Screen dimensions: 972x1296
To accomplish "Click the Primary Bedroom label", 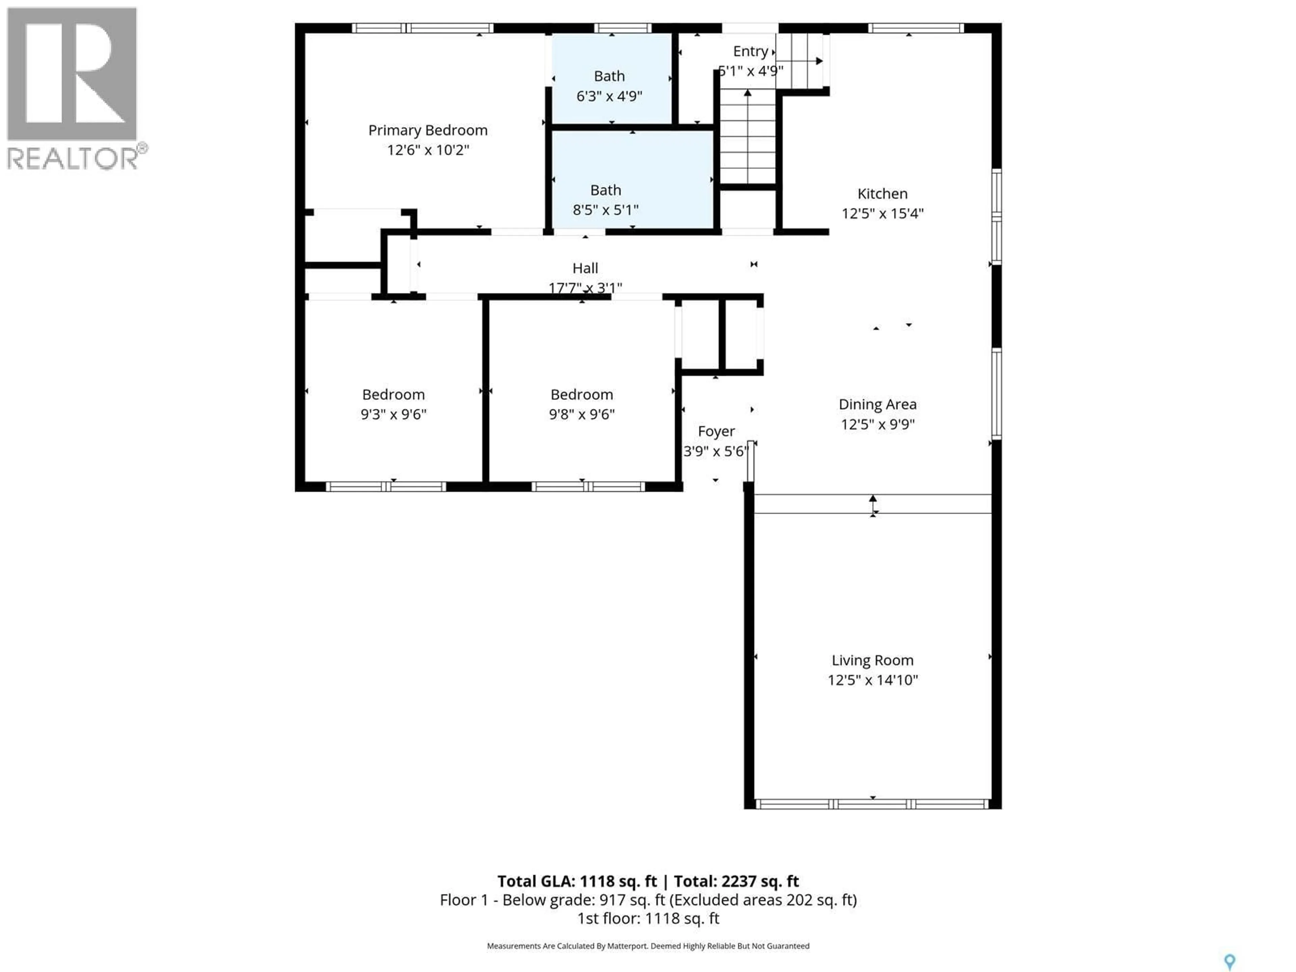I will pos(428,130).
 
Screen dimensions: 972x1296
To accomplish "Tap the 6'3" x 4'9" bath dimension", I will pos(609,96).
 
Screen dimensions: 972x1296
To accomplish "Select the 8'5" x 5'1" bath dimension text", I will pos(605,210).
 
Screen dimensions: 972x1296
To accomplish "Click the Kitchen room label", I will pos(882,194).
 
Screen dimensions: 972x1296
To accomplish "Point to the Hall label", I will pos(585,268).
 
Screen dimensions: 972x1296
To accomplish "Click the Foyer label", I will pos(716,431).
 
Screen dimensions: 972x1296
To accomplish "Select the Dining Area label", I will pos(877,404).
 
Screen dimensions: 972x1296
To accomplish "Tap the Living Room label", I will pos(872,660).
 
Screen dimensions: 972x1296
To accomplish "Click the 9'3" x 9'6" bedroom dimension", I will pos(393,414).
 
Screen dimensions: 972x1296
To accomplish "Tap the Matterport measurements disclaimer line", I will pos(648,946).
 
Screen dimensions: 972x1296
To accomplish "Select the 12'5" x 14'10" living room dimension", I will pos(872,680).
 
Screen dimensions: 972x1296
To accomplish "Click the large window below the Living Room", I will pos(872,805).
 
